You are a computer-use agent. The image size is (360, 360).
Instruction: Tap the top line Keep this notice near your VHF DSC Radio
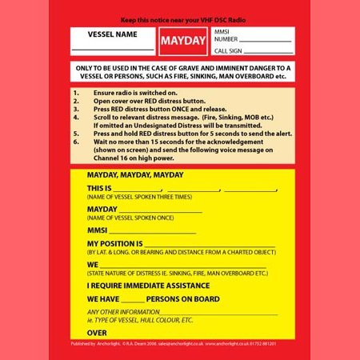(179, 18)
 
